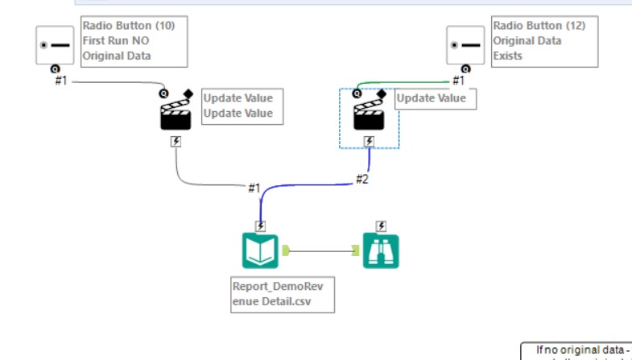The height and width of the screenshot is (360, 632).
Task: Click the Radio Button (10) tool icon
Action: point(55,45)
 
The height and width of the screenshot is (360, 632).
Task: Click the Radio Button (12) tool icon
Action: point(466,45)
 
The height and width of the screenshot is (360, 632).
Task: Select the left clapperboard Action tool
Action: point(176,114)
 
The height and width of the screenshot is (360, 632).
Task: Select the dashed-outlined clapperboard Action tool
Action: point(370,114)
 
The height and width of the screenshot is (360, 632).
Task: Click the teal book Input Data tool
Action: point(261,250)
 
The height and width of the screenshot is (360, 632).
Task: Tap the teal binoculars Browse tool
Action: point(381,250)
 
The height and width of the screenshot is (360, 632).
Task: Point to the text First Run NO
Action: point(117,41)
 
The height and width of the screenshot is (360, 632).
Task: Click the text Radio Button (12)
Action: point(539,26)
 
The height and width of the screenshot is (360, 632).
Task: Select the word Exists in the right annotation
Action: point(508,56)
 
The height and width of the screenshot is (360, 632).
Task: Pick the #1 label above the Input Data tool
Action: point(254,188)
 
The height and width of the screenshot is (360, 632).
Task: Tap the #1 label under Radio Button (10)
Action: point(61,81)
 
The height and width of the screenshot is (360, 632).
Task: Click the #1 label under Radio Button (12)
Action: point(458,81)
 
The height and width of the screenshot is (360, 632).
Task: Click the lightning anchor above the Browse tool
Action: point(381,226)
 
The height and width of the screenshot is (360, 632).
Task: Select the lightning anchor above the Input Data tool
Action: point(261,226)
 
